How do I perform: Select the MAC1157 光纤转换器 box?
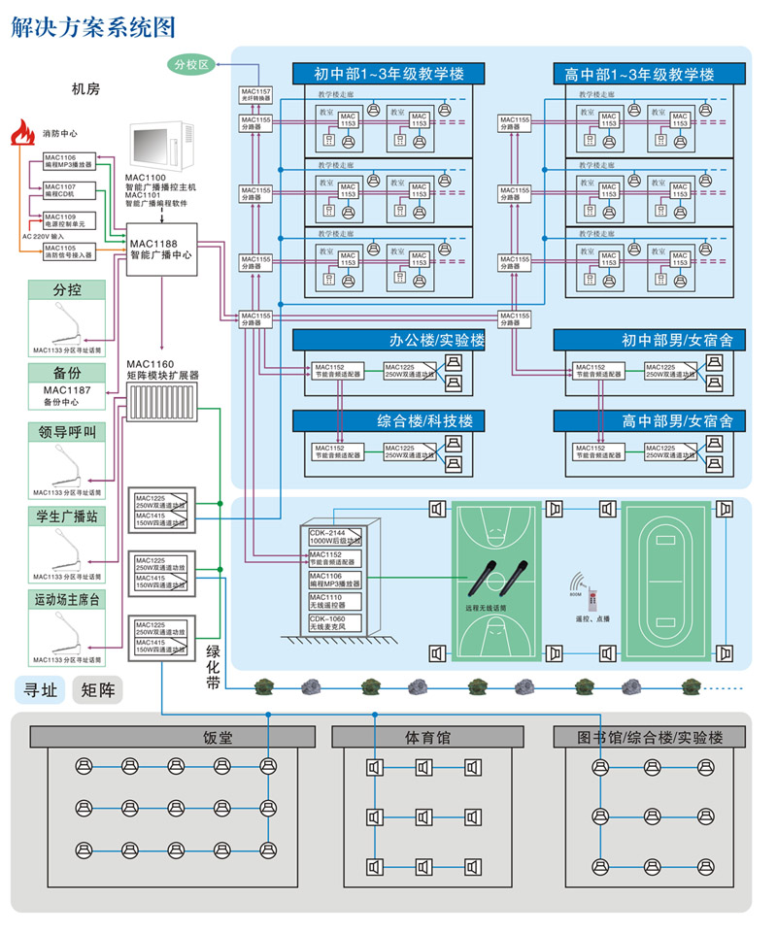(257, 95)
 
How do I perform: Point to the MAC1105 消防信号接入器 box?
(68, 251)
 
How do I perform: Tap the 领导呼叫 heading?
(67, 433)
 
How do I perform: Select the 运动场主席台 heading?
(67, 601)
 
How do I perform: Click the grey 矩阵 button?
(97, 690)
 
